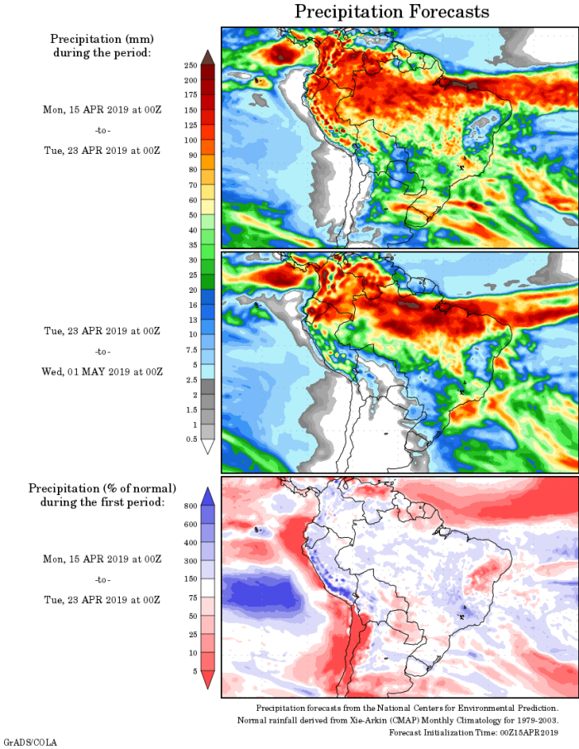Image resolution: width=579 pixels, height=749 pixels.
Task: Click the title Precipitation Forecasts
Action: [x=391, y=12]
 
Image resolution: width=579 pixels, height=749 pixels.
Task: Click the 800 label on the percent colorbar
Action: [x=189, y=505]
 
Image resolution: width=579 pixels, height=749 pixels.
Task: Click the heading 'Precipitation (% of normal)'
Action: [x=103, y=488]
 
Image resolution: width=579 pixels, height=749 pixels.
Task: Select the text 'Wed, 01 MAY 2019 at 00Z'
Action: [x=103, y=372]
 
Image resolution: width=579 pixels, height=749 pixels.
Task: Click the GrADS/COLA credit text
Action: [x=31, y=742]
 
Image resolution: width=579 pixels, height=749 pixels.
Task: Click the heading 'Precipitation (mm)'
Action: [x=103, y=39]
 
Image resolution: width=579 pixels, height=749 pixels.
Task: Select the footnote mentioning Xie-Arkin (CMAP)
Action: [x=398, y=721]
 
